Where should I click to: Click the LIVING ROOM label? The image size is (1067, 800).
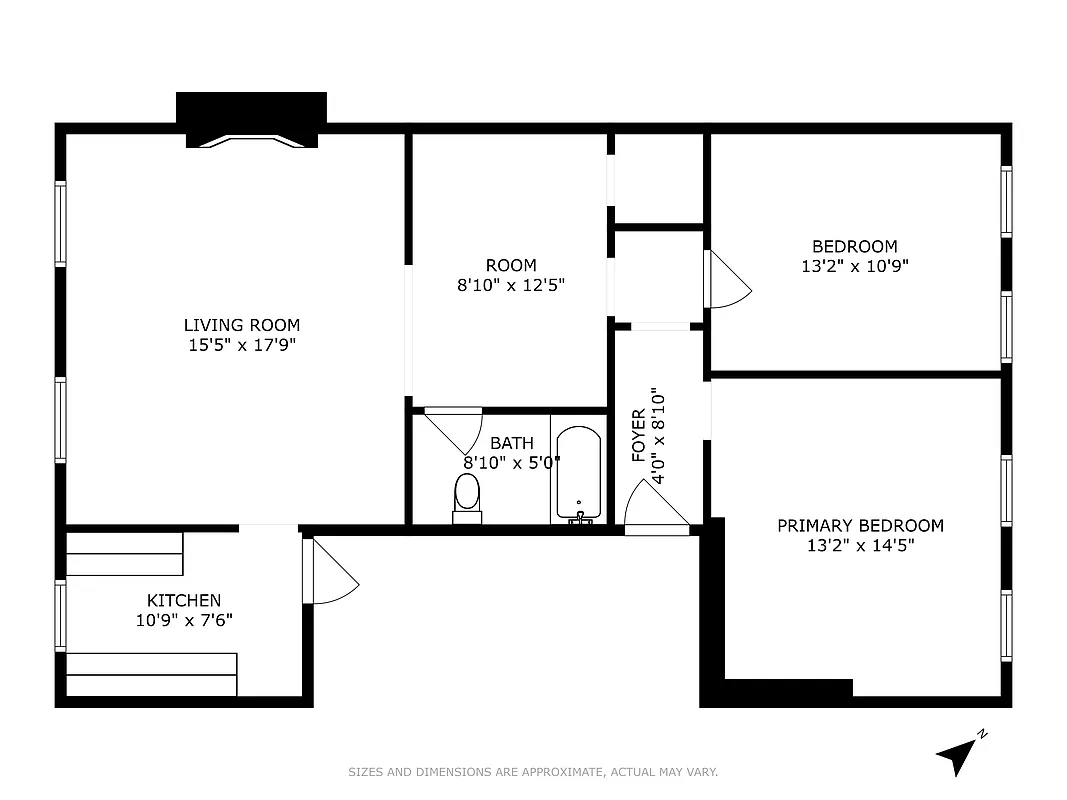click(241, 325)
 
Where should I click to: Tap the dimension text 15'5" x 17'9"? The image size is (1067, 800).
click(241, 345)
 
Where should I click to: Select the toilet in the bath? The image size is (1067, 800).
click(466, 497)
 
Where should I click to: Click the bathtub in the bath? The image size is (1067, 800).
click(578, 474)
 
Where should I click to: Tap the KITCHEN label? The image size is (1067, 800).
click(184, 600)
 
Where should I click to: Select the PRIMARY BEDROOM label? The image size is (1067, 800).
click(860, 525)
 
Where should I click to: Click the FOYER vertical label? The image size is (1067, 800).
click(638, 436)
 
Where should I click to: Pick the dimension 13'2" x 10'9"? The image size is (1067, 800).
click(854, 266)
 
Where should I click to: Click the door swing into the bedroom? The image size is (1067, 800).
click(726, 279)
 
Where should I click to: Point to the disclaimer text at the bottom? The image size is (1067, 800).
click(533, 772)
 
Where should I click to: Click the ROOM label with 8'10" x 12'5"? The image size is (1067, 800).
click(511, 265)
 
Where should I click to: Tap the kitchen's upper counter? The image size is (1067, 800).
click(125, 553)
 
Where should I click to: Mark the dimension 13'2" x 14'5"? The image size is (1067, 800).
click(860, 546)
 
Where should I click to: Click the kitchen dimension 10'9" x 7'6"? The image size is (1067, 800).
click(184, 620)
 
